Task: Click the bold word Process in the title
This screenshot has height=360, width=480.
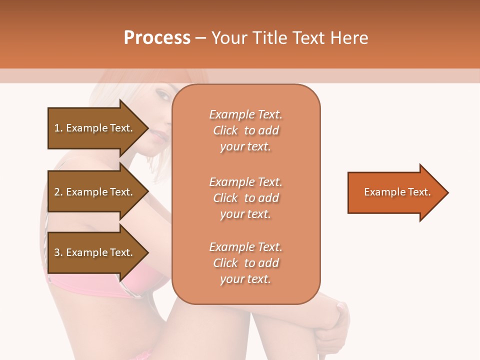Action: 157,38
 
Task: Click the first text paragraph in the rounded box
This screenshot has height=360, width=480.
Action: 245,130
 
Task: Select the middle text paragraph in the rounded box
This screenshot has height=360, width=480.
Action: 245,198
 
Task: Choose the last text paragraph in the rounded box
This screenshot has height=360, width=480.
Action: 245,263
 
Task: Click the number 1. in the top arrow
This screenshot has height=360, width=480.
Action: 58,128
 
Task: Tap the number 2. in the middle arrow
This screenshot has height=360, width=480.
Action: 58,192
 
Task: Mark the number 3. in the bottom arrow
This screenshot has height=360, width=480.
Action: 58,252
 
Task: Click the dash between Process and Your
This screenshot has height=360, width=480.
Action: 200,38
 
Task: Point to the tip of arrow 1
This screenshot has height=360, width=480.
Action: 147,128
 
